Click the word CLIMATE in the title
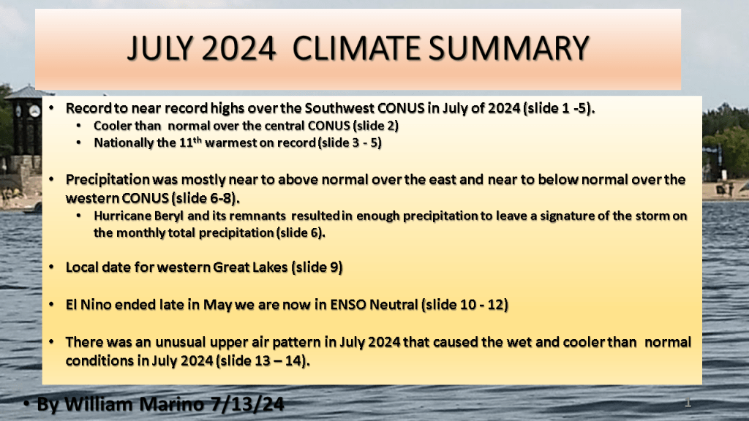tap(357, 48)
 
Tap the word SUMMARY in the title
tap(509, 48)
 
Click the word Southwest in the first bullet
tap(339, 108)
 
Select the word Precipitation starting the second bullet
tap(108, 180)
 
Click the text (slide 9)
tap(317, 268)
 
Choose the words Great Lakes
tap(250, 267)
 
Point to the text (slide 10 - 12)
tap(464, 305)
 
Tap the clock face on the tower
tap(34, 111)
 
